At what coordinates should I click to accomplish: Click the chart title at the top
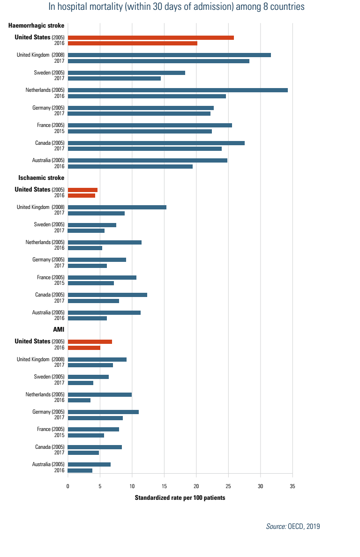pyautogui.click(x=176, y=7)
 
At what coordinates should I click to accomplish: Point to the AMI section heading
pyautogui.click(x=59, y=330)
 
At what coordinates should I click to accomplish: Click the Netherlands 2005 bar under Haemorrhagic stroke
pyautogui.click(x=178, y=90)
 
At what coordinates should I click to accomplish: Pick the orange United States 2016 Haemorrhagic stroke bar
pyautogui.click(x=132, y=44)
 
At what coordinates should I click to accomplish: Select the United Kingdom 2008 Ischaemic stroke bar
pyautogui.click(x=117, y=207)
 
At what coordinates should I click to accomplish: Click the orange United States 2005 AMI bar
pyautogui.click(x=90, y=342)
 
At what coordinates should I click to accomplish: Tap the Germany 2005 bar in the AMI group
pyautogui.click(x=103, y=412)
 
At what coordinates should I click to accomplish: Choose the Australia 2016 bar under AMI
pyautogui.click(x=80, y=470)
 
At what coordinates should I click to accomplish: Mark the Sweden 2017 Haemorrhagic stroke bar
pyautogui.click(x=114, y=79)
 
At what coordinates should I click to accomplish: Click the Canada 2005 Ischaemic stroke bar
pyautogui.click(x=107, y=295)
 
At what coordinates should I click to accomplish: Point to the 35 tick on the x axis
pyautogui.click(x=292, y=487)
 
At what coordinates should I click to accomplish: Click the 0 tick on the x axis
pyautogui.click(x=68, y=487)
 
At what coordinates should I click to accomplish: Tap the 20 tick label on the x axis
pyautogui.click(x=196, y=487)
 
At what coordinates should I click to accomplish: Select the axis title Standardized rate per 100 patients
pyautogui.click(x=180, y=498)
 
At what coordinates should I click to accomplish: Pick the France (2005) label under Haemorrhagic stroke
pyautogui.click(x=51, y=125)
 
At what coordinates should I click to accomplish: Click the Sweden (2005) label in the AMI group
pyautogui.click(x=49, y=377)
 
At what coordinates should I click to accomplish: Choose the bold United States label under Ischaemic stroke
pyautogui.click(x=32, y=189)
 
